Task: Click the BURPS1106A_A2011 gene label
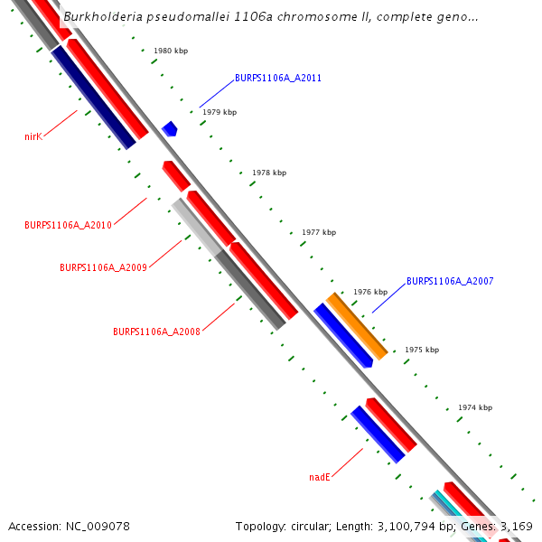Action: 277,78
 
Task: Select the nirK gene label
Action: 33,136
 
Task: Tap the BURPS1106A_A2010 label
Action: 68,225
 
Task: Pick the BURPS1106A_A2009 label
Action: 103,267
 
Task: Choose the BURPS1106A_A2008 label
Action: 156,332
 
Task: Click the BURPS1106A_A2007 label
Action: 450,281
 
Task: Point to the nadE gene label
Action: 320,476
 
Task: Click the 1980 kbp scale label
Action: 171,51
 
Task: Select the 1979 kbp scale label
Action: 220,112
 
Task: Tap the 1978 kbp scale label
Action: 269,172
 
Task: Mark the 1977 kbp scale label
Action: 319,232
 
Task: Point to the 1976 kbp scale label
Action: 370,292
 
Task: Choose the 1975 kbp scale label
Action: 422,350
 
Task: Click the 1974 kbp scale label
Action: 475,407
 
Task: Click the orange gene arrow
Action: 356,325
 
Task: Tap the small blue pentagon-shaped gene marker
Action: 169,129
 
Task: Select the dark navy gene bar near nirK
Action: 93,98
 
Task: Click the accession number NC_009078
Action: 69,526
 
